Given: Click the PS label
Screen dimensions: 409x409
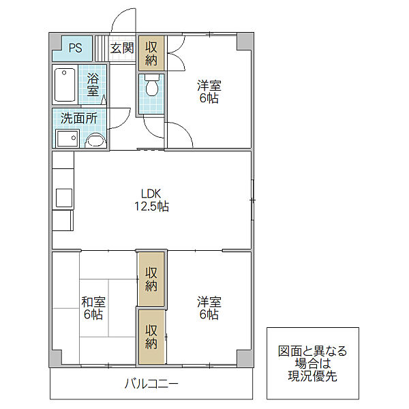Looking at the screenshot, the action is point(75,48).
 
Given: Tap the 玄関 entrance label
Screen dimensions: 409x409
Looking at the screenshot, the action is point(122,48).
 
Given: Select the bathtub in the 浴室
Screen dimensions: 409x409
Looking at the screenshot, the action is point(65,85).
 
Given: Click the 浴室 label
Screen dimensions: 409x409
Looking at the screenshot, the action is point(93,85).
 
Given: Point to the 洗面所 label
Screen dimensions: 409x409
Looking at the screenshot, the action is point(79,118).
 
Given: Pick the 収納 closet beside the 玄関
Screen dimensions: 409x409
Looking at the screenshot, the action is point(151,53).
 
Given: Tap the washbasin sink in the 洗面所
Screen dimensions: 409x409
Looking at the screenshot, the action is point(95,140).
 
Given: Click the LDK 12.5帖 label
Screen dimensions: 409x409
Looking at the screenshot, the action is point(151,200).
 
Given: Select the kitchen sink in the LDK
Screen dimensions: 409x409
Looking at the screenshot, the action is point(64,198).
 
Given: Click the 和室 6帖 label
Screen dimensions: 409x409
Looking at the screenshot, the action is point(93,308).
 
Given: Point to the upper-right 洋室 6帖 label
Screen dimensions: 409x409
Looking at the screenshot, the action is point(209,92).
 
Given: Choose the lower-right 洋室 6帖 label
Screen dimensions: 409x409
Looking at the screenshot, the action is point(209,308).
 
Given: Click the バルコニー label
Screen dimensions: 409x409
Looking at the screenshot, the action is point(151,384).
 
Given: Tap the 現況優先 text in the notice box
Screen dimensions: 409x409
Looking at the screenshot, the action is point(312,376).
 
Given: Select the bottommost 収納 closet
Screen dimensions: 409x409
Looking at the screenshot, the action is point(151,337).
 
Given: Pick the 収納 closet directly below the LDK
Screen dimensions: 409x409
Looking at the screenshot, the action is point(151,279).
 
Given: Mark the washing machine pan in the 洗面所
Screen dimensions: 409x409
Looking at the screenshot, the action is point(67,138).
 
